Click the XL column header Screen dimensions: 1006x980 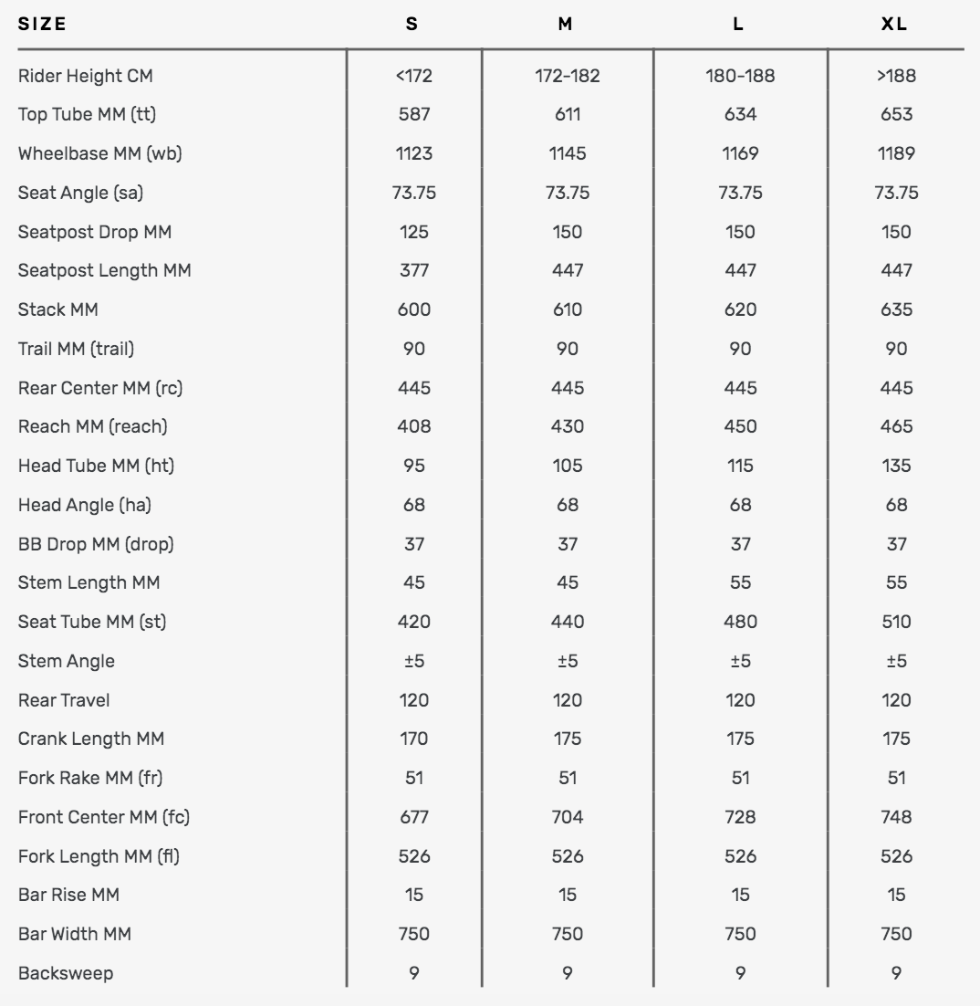tap(895, 25)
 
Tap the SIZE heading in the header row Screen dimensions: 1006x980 tap(42, 25)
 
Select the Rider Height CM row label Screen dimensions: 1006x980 tap(85, 76)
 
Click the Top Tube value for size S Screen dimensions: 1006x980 tap(413, 115)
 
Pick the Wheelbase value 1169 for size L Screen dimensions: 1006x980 tap(740, 153)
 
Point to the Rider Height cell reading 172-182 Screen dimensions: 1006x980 tap(567, 76)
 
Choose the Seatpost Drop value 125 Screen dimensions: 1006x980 tap(413, 232)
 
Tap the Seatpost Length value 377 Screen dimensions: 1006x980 tap(413, 271)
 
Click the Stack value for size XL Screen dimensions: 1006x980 tap(896, 309)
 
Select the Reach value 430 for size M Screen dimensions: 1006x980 tap(567, 426)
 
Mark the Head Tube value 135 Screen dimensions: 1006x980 tap(896, 466)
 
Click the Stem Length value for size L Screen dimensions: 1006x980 tap(740, 582)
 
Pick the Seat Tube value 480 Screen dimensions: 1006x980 tap(740, 622)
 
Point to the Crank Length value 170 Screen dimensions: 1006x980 tap(413, 739)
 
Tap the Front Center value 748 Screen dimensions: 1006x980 tap(896, 817)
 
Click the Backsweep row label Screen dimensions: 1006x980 tap(66, 973)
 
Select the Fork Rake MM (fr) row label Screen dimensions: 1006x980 tap(90, 778)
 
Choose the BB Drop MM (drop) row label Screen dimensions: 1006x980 tap(96, 544)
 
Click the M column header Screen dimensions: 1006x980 tap(566, 25)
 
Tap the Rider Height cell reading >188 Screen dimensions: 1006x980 tap(896, 76)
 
